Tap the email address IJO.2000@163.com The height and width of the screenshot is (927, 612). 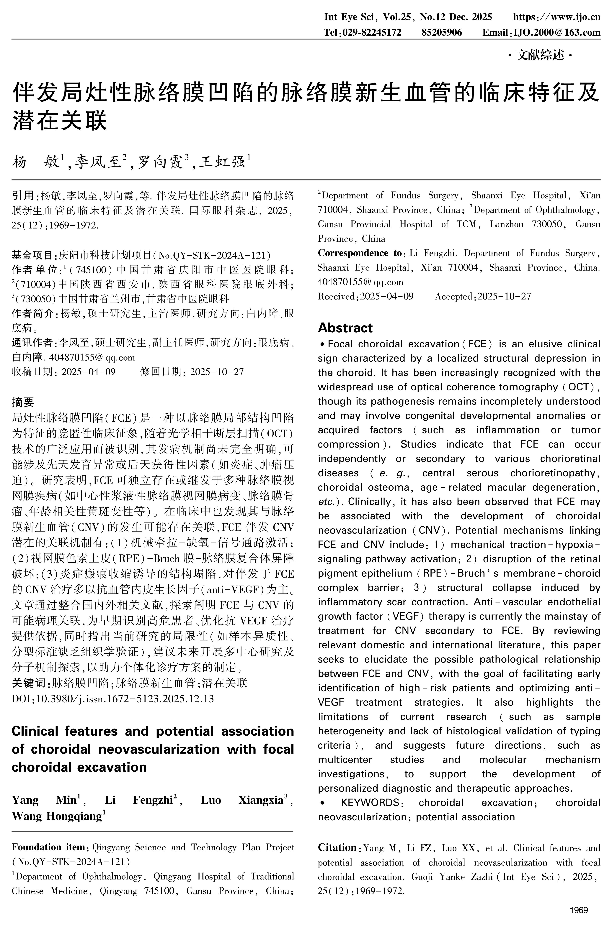[x=556, y=32]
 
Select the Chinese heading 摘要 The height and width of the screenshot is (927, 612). [x=23, y=402]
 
